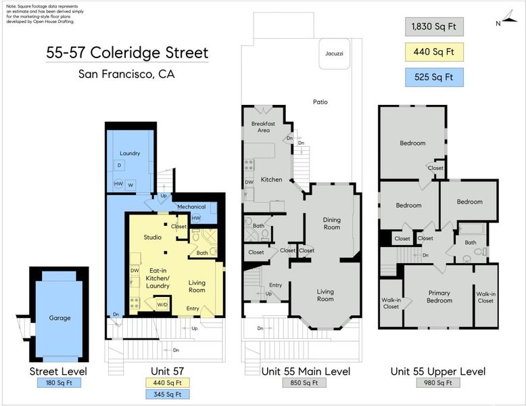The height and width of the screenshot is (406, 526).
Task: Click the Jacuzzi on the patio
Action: coord(334,53)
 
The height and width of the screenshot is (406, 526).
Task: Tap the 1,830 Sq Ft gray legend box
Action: coord(434,26)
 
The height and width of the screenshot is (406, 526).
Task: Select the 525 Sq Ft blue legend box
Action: coord(434,77)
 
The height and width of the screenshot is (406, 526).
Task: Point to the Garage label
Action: coord(59,317)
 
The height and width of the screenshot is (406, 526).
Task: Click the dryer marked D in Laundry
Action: coord(119,165)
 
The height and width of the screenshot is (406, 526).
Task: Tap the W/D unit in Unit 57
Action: coord(162,304)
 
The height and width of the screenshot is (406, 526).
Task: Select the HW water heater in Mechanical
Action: coord(196,218)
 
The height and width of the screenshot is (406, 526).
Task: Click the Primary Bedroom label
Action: coord(439,297)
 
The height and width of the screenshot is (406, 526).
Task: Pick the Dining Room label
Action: coord(332,223)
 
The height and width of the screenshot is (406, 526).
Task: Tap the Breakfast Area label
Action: coord(263,127)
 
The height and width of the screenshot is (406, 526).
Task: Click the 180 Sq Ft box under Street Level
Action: coord(59,382)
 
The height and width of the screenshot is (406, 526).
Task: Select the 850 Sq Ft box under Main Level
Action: coord(304,382)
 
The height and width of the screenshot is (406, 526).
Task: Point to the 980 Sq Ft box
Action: coord(438,382)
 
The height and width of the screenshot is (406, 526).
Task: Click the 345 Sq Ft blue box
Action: coord(168,394)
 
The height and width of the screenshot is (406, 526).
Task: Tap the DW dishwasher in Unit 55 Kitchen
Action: coord(249,182)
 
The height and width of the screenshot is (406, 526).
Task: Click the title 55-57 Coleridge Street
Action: coord(127,53)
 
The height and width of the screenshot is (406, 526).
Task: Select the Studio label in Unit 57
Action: coord(153,238)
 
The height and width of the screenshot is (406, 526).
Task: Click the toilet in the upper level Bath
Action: coord(480,252)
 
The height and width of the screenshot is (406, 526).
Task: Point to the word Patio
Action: coord(320,101)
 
